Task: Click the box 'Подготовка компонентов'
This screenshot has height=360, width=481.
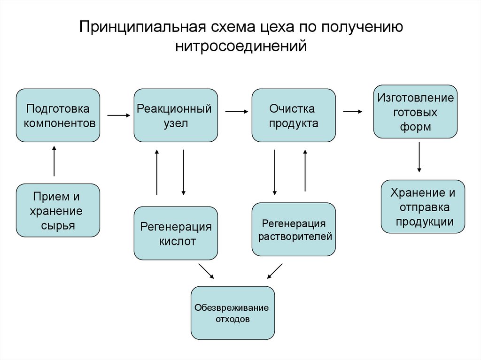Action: pos(58,115)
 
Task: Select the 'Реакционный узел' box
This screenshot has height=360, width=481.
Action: pos(176,115)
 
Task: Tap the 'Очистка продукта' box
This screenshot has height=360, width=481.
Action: pos(294,115)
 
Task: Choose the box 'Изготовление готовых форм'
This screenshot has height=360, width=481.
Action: pos(415,112)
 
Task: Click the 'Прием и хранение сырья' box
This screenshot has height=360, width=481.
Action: pos(58,210)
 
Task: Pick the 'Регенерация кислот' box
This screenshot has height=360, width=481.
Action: pos(176,233)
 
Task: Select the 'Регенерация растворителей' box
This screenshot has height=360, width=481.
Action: pos(294,230)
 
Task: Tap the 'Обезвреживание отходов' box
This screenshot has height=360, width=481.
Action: pos(233,313)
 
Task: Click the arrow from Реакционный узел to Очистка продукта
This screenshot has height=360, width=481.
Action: pos(236,112)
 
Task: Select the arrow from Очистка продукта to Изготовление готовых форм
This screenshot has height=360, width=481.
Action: pos(352,112)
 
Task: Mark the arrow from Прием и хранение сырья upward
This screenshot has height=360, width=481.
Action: pos(54,161)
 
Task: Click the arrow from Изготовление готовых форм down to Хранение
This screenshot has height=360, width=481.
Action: pos(419,158)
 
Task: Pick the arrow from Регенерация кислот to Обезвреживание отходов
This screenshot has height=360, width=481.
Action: pos(206,271)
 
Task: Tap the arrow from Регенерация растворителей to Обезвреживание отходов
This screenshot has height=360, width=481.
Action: pos(275,271)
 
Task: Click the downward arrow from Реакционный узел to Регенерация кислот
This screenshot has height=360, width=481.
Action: pos(183,172)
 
